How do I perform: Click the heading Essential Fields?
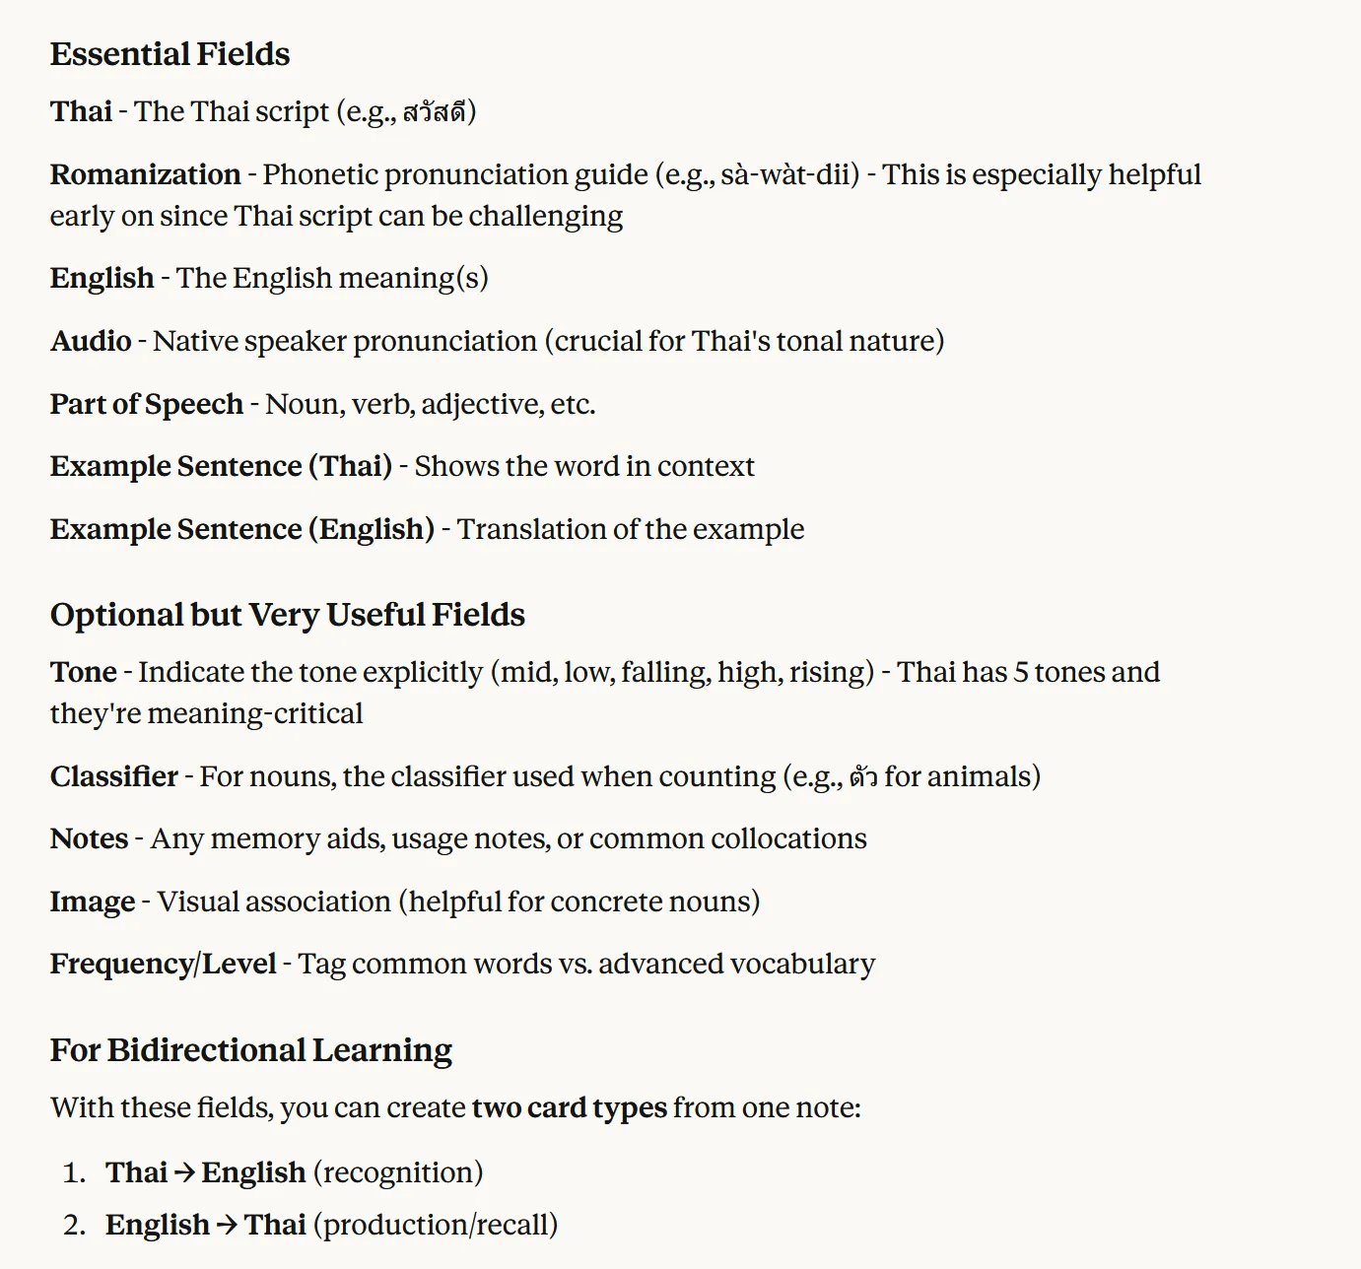pyautogui.click(x=170, y=54)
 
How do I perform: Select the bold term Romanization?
pyautogui.click(x=145, y=174)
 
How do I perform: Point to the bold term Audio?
pyautogui.click(x=91, y=341)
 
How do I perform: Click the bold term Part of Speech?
pyautogui.click(x=146, y=404)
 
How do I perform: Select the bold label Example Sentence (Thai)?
pyautogui.click(x=221, y=466)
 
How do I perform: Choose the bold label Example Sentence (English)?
pyautogui.click(x=241, y=529)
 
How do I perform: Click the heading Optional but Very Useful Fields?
pyautogui.click(x=287, y=615)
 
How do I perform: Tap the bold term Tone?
pyautogui.click(x=83, y=672)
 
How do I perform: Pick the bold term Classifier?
pyautogui.click(x=114, y=776)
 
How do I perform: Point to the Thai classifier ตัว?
pyautogui.click(x=863, y=776)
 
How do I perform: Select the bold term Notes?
pyautogui.click(x=89, y=838)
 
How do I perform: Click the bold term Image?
pyautogui.click(x=93, y=902)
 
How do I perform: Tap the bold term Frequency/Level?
pyautogui.click(x=163, y=964)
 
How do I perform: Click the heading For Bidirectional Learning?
pyautogui.click(x=250, y=1050)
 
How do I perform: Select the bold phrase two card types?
pyautogui.click(x=569, y=1107)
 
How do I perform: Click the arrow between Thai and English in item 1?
pyautogui.click(x=184, y=1172)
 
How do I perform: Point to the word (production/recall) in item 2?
pyautogui.click(x=436, y=1225)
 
